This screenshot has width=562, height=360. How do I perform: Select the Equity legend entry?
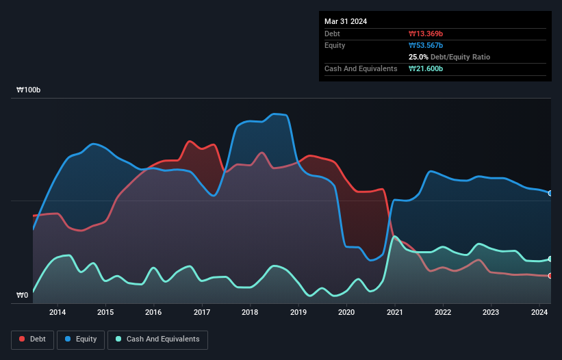[x=81, y=339]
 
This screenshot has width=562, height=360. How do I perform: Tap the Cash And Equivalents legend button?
[x=157, y=339]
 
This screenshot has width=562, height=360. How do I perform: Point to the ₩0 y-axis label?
[x=23, y=296]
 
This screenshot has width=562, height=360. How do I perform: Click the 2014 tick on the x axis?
[x=58, y=313]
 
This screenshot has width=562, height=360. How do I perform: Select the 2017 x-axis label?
[x=202, y=313]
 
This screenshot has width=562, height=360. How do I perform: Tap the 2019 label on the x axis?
[x=298, y=313]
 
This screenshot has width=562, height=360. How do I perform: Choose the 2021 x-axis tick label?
[x=395, y=313]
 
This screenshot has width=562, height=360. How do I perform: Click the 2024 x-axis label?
[x=539, y=313]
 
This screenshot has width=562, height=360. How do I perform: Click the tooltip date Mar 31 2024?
[x=346, y=21]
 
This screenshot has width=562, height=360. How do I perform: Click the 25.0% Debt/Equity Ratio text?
[x=449, y=57]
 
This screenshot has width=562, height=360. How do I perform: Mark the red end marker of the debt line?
[x=550, y=276]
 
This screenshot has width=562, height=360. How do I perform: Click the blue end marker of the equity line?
[x=550, y=194]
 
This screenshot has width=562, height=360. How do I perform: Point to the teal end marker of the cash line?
[x=550, y=259]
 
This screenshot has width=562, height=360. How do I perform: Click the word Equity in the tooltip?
[x=335, y=46]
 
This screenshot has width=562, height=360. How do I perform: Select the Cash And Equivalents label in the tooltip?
[x=361, y=69]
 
